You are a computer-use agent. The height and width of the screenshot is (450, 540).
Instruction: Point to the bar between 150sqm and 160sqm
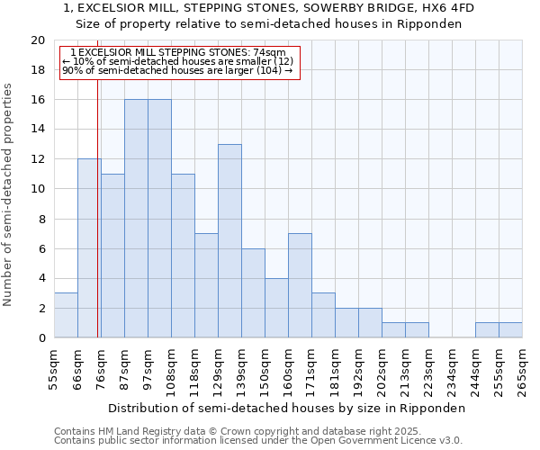point(276,308)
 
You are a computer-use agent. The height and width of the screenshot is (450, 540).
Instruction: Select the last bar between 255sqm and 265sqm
point(510,330)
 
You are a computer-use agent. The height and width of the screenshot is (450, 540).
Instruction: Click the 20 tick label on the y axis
point(37,40)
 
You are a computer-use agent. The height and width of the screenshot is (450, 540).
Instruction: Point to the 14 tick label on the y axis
point(37,130)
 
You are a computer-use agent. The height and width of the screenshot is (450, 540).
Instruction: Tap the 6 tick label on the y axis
point(40,248)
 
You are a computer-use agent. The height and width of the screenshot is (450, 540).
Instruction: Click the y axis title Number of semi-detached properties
point(8,194)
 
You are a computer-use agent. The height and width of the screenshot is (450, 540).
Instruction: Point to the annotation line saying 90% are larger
point(177,70)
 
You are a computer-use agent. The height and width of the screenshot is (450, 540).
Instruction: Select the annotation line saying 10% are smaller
point(177,61)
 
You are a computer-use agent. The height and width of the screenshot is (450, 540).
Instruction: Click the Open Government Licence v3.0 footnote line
point(258,441)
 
